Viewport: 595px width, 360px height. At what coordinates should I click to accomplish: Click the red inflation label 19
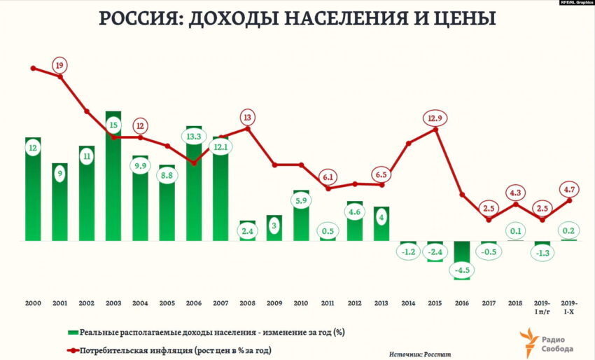pos(60,66)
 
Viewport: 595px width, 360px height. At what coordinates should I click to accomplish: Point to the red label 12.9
pos(435,118)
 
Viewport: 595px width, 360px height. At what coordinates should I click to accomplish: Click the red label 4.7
pos(568,188)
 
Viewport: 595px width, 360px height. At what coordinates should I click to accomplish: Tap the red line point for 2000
pos(33,68)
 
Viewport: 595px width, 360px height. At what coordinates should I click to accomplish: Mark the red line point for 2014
pos(408,143)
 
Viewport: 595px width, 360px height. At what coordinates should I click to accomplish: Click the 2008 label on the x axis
pos(247,303)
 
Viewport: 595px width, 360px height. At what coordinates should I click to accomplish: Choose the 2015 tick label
pos(435,303)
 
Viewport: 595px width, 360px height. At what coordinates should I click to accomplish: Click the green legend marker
pos(72,331)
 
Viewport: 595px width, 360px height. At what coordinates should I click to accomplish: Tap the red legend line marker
pos(72,349)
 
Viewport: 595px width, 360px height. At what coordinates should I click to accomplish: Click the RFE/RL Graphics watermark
pos(575,3)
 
